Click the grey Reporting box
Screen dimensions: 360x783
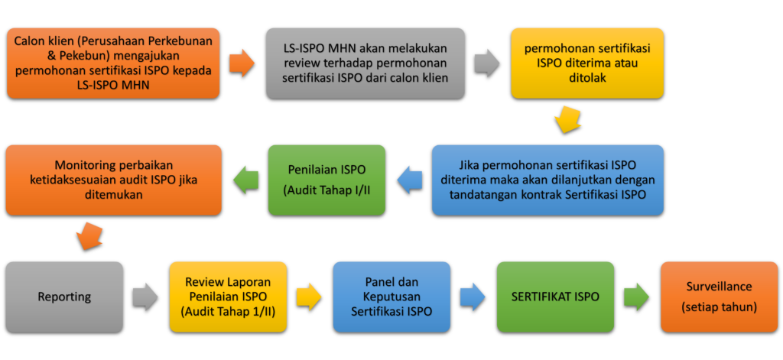(64, 297)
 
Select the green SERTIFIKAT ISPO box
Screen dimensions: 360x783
(555, 297)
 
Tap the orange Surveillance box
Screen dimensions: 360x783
(719, 297)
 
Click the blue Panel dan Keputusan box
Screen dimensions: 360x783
(391, 297)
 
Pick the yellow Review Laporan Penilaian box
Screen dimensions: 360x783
(228, 297)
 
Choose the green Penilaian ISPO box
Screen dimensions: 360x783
(327, 180)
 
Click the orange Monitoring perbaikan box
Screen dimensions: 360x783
(113, 180)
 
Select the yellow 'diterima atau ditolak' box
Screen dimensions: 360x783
(586, 63)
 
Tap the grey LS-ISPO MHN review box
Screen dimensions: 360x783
(366, 63)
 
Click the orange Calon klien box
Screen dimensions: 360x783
(113, 63)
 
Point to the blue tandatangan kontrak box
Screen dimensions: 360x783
(547, 180)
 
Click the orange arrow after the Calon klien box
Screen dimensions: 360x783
(242, 63)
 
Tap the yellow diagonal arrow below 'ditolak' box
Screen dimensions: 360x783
(567, 119)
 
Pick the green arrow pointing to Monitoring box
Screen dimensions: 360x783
(245, 180)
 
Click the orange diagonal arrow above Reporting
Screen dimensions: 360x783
(91, 235)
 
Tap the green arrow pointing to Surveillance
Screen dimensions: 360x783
(637, 297)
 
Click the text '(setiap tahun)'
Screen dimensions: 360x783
(719, 306)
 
